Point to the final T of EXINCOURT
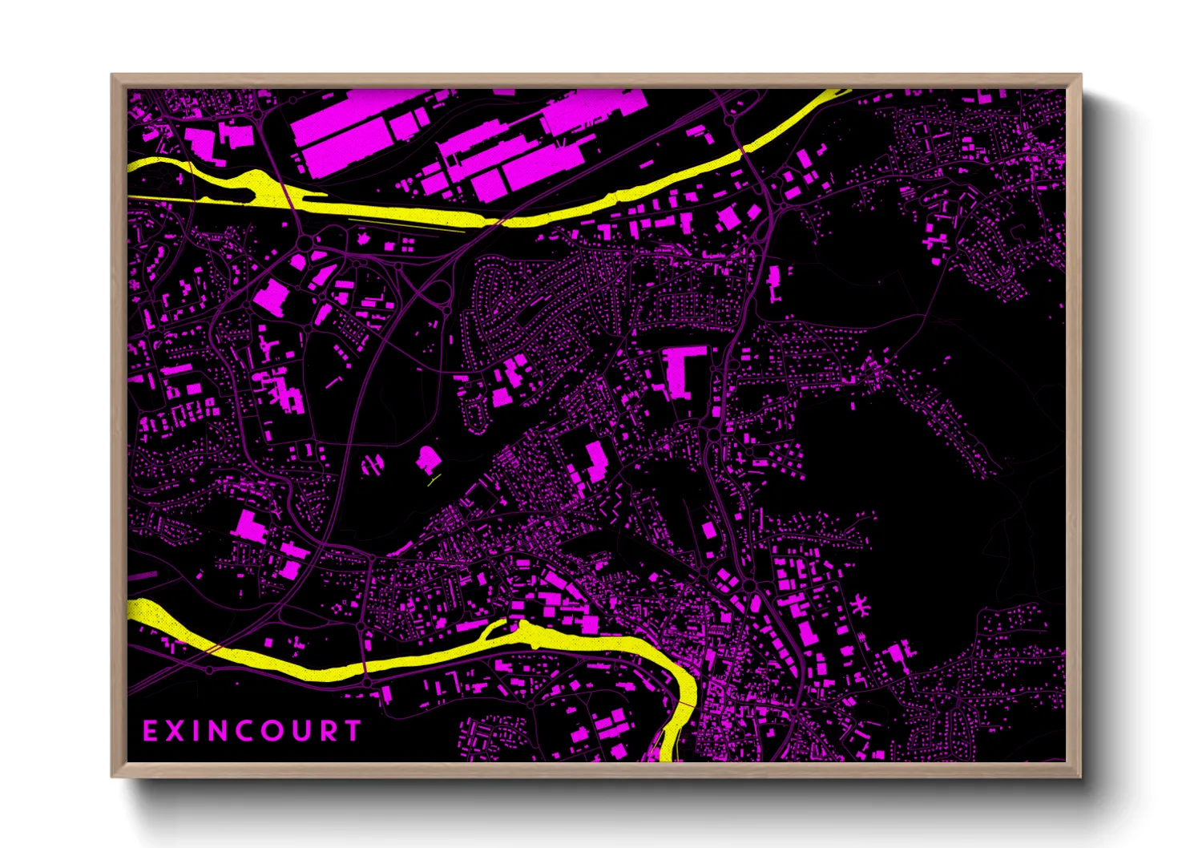pos(353,731)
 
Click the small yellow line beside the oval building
pos(434,481)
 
